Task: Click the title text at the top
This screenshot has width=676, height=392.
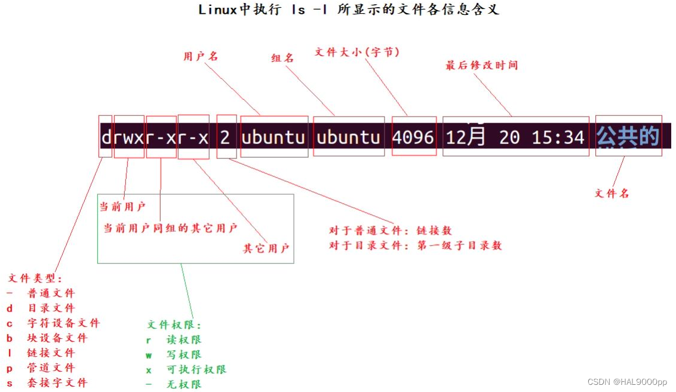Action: [x=349, y=10]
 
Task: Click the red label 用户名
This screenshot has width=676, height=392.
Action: [x=201, y=56]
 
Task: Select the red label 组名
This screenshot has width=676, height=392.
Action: [x=283, y=58]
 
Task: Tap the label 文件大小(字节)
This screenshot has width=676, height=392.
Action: [x=357, y=53]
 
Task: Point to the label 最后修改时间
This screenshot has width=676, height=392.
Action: [x=482, y=65]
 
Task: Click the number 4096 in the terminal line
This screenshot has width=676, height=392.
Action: [x=413, y=137]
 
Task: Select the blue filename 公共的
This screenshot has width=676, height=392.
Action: [x=628, y=137]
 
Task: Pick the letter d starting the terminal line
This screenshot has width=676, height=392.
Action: [x=106, y=137]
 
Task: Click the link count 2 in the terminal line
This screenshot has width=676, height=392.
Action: [x=225, y=137]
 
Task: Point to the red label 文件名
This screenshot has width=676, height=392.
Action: [x=612, y=193]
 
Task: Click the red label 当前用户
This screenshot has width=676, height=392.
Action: [x=122, y=207]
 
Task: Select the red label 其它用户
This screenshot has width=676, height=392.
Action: [x=266, y=248]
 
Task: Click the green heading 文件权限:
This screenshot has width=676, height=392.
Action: [x=175, y=325]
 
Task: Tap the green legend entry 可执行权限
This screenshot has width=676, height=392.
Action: [x=196, y=369]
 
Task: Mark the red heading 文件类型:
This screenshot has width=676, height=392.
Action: [x=35, y=278]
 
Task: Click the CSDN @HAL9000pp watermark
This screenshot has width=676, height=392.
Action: [x=627, y=382]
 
